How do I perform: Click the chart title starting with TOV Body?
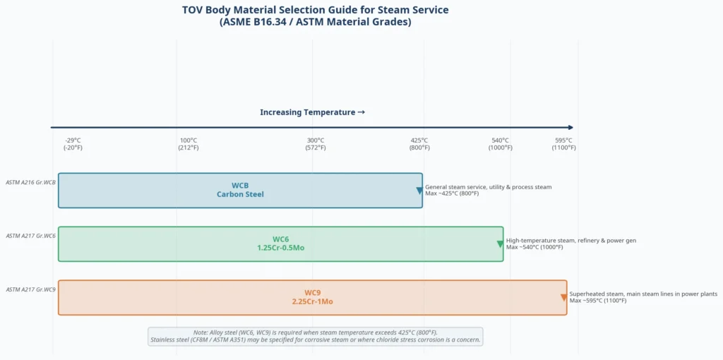tap(315, 16)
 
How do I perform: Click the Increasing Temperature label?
tap(312, 112)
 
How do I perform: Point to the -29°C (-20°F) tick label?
tap(73, 144)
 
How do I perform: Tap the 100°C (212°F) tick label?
tap(188, 144)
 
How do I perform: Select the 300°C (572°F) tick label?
tap(316, 144)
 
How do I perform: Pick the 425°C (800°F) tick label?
tap(419, 144)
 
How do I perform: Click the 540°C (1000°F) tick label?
tap(500, 144)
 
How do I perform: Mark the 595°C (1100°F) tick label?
tap(564, 144)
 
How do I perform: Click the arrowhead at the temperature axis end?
tap(570, 128)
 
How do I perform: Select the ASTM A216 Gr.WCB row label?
tap(30, 182)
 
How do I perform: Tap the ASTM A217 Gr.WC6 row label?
tap(30, 236)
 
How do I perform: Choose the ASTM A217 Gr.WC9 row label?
tap(30, 289)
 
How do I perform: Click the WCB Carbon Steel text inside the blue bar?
tap(240, 190)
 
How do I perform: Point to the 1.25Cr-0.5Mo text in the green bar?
tap(281, 248)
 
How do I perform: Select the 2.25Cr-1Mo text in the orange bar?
tap(312, 301)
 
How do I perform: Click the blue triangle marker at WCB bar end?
tap(419, 191)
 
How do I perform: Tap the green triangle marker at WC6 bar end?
tap(500, 244)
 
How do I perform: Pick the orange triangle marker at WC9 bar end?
tap(563, 298)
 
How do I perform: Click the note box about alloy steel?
tap(315, 336)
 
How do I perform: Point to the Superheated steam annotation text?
tap(643, 297)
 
